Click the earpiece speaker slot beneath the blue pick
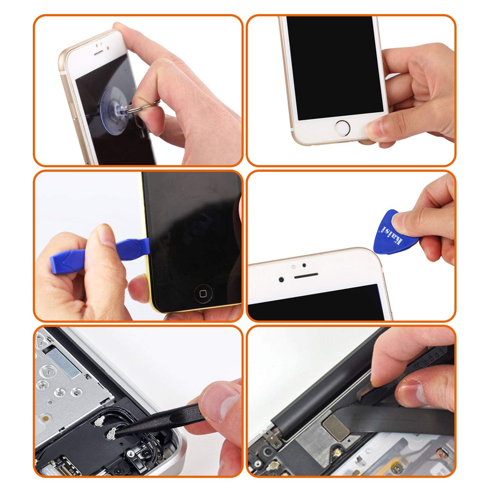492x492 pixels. point(306,276)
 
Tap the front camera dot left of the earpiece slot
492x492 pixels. point(281,279)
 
